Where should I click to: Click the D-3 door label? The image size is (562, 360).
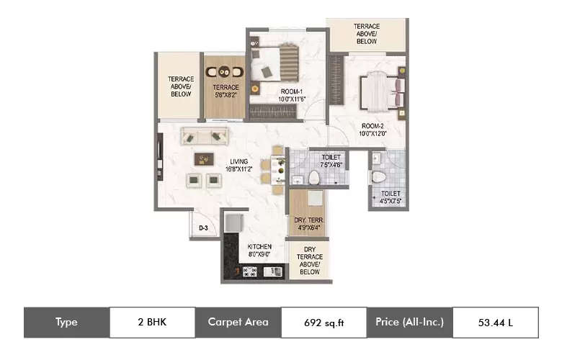[x=203, y=228]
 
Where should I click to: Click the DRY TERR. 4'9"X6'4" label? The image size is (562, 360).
[x=308, y=223]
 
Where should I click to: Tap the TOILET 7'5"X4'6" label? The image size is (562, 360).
[x=326, y=160]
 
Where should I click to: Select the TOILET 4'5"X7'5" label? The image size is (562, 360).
[x=389, y=197]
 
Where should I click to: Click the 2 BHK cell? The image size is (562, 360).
[x=152, y=322]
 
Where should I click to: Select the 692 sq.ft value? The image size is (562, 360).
[x=323, y=322]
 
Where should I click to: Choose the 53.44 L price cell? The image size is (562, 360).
[x=495, y=322]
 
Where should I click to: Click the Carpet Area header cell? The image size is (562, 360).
[x=238, y=322]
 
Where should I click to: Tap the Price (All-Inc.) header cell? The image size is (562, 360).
[x=409, y=322]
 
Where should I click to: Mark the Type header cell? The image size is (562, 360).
[x=66, y=322]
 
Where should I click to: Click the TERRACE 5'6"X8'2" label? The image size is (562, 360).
[x=225, y=91]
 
